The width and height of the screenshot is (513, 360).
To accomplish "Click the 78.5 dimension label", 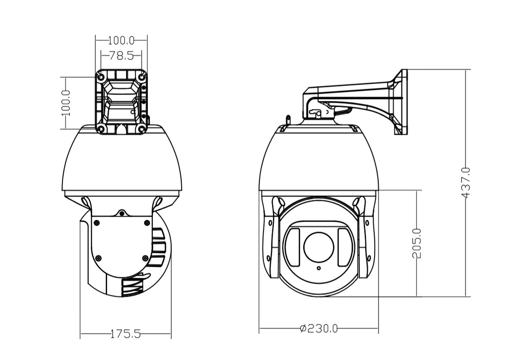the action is (x=122, y=56).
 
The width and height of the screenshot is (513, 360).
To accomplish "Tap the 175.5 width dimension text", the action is (x=125, y=334).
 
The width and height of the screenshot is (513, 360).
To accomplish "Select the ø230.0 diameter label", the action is (x=319, y=328).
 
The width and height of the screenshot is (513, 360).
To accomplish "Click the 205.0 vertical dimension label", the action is (x=416, y=243).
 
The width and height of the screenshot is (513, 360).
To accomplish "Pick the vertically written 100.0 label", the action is (x=66, y=103).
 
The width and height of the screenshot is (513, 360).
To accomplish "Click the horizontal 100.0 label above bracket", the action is (x=122, y=41).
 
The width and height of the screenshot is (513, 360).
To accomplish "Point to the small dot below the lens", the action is (x=319, y=268).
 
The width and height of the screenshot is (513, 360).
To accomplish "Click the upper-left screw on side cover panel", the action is (x=96, y=223).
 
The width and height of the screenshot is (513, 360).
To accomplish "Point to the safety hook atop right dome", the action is (x=288, y=120).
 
